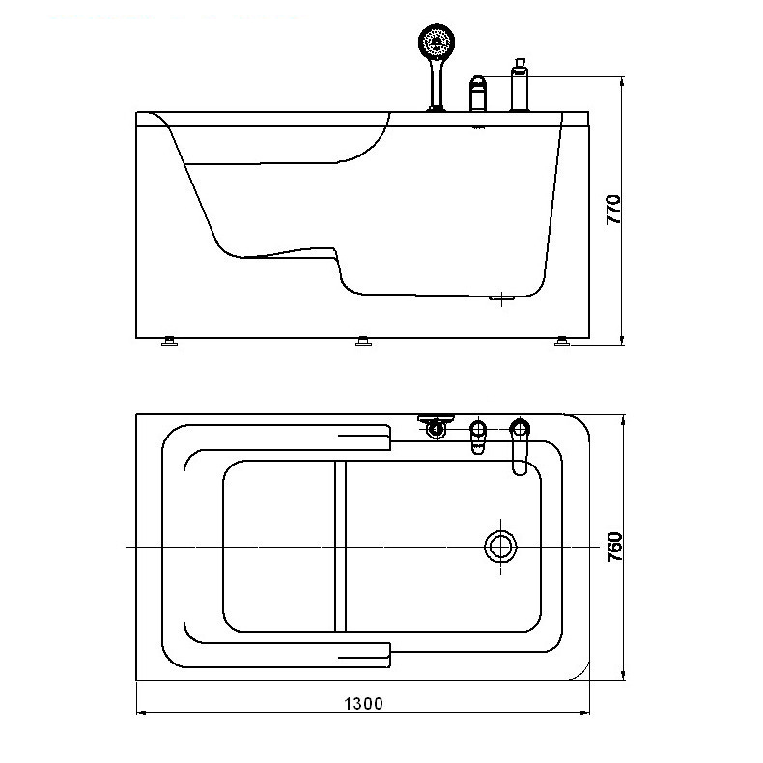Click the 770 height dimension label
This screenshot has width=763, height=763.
click(614, 210)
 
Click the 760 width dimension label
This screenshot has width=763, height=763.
click(615, 547)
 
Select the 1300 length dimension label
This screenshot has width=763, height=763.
click(363, 704)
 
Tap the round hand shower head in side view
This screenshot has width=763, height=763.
click(437, 41)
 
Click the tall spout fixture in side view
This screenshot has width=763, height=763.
click(520, 85)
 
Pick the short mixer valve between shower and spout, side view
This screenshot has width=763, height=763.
click(478, 94)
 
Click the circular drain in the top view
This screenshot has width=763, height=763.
click(500, 547)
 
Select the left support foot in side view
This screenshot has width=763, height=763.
click(169, 341)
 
